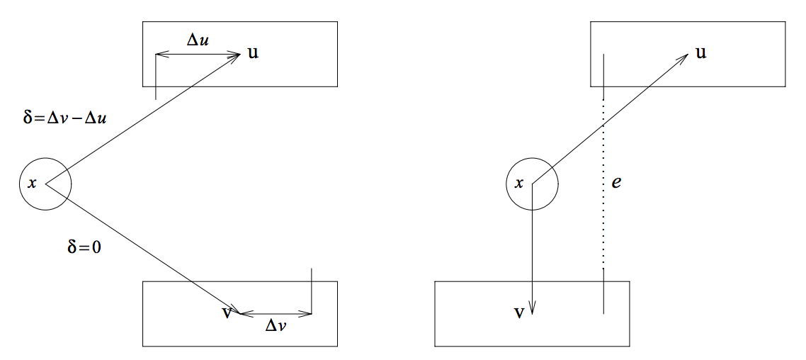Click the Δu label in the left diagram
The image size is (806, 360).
(198, 40)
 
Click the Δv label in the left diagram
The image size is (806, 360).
(276, 327)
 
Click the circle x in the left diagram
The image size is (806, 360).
(45, 184)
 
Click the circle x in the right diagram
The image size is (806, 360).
(532, 184)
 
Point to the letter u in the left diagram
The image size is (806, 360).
(253, 53)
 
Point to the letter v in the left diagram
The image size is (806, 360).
(227, 312)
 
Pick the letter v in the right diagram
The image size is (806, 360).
(519, 312)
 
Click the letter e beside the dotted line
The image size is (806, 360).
(616, 183)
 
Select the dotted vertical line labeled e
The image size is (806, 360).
(603, 184)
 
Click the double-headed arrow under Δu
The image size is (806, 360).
(198, 54)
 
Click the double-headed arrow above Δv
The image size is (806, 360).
(276, 313)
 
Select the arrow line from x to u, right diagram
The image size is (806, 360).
(609, 119)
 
